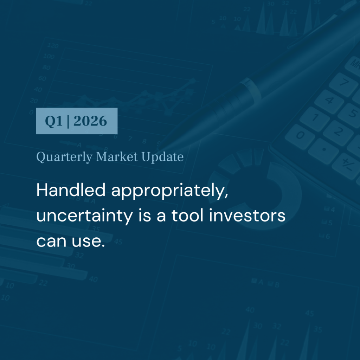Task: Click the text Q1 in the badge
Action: pyautogui.click(x=54, y=121)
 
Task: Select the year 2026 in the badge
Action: pyautogui.click(x=90, y=121)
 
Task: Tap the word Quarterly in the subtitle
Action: pyautogui.click(x=64, y=157)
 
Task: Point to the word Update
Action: pyautogui.click(x=162, y=157)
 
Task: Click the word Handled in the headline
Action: pyautogui.click(x=71, y=190)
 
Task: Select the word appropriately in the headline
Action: pyautogui.click(x=170, y=191)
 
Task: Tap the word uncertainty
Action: pyautogui.click(x=84, y=216)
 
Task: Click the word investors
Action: pyautogui.click(x=247, y=215)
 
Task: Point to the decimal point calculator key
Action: pyautogui.click(x=323, y=151)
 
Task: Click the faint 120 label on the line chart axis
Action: pyautogui.click(x=53, y=45)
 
